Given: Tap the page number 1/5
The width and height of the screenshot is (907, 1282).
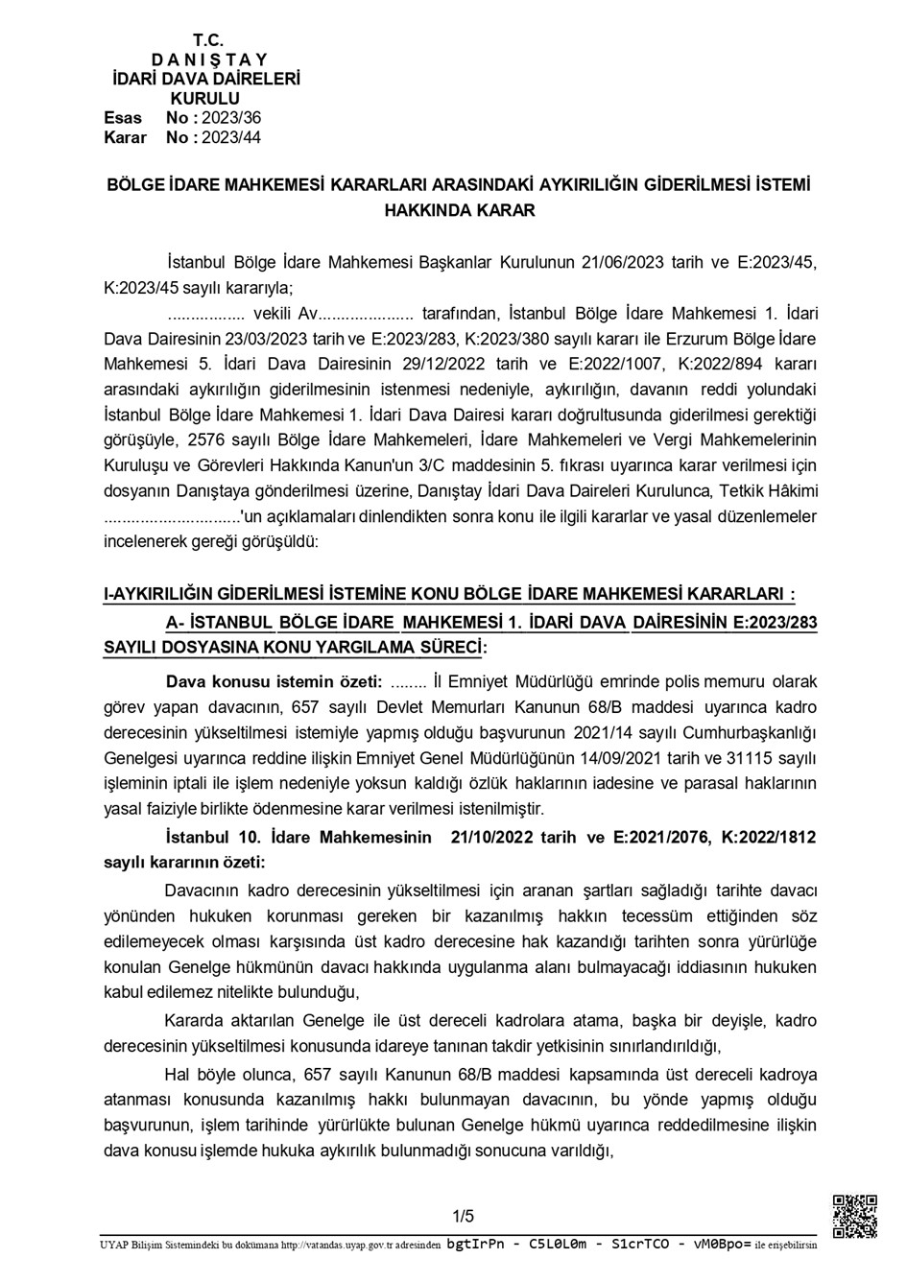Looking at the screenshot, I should [x=464, y=1217].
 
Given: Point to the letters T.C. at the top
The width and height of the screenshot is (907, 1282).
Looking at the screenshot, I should [x=208, y=40].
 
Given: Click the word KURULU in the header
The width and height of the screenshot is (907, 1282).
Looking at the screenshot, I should [x=205, y=99].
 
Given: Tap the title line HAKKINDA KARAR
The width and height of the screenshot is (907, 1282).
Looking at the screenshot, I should [x=460, y=210].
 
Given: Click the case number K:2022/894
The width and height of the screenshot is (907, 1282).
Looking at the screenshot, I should [x=724, y=364].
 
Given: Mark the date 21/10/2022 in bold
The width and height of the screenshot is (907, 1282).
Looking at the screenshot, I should [x=492, y=837].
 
